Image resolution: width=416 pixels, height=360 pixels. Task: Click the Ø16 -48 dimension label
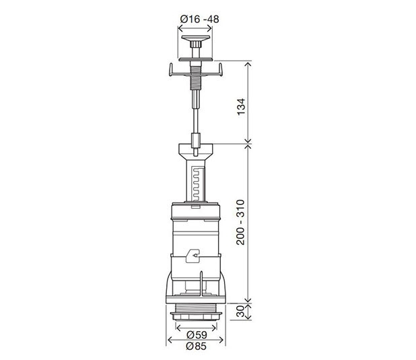click(x=199, y=19)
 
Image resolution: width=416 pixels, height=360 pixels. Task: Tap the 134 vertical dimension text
click(x=241, y=106)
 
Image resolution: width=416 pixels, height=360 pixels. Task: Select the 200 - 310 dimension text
click(x=240, y=222)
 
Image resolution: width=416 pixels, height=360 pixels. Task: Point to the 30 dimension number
click(x=240, y=311)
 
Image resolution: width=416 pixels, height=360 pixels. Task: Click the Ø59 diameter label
click(x=197, y=335)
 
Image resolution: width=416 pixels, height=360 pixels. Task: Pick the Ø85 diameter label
click(x=197, y=346)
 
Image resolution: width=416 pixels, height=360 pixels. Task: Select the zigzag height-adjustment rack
click(x=198, y=184)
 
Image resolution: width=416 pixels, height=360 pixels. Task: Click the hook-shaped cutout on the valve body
click(x=193, y=256)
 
